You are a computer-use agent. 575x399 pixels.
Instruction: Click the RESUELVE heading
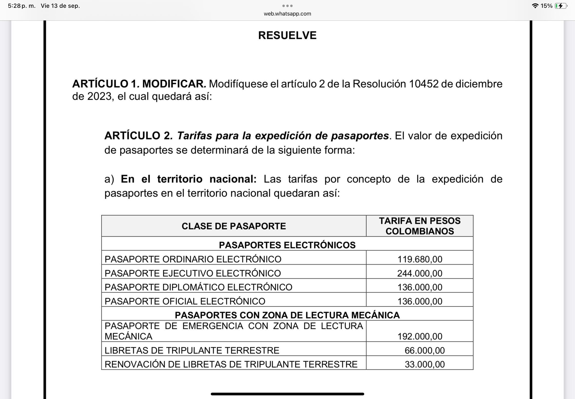tap(287, 36)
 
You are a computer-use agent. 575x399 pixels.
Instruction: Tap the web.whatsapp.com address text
tap(287, 14)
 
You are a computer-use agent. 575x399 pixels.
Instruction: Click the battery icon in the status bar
tap(561, 6)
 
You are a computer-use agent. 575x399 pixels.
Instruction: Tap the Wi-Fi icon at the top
tap(535, 6)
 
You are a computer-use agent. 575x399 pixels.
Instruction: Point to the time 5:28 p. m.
tap(21, 6)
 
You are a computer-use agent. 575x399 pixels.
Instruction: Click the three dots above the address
tap(287, 6)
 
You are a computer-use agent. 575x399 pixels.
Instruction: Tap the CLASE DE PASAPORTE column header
tap(234, 226)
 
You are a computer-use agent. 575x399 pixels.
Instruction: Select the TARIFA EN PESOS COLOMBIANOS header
tap(420, 226)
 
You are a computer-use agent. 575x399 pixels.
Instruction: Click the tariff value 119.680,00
tap(420, 259)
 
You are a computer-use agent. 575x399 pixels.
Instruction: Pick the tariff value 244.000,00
tap(420, 273)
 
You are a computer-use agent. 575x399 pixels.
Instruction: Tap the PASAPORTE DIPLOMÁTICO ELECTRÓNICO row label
tap(198, 287)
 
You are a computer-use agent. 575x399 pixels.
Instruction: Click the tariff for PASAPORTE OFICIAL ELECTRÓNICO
tap(420, 301)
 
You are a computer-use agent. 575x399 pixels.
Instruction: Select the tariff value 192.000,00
tap(420, 336)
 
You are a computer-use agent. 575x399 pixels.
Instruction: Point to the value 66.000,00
tap(425, 351)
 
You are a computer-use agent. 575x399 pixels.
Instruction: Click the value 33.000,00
tap(425, 364)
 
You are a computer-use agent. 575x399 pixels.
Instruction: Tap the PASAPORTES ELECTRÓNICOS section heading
tap(287, 245)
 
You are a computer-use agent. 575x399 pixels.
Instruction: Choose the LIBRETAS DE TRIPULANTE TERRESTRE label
tap(192, 351)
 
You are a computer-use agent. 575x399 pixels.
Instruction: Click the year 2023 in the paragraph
tap(99, 97)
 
